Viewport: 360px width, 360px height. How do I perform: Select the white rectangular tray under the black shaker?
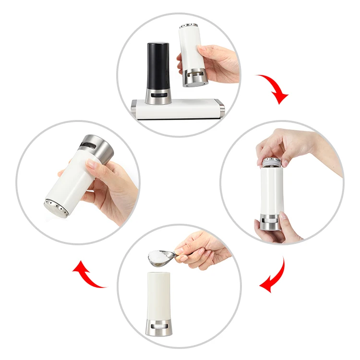178,109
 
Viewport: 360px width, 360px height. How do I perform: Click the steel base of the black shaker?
157,96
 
